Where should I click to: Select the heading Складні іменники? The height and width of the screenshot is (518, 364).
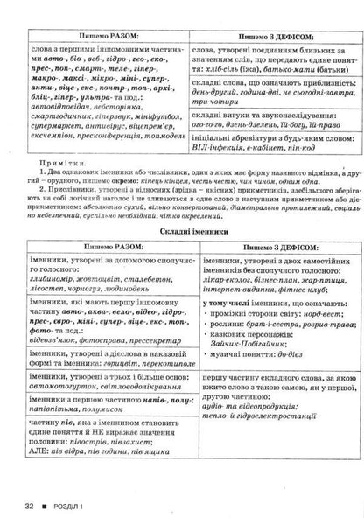point(182,228)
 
